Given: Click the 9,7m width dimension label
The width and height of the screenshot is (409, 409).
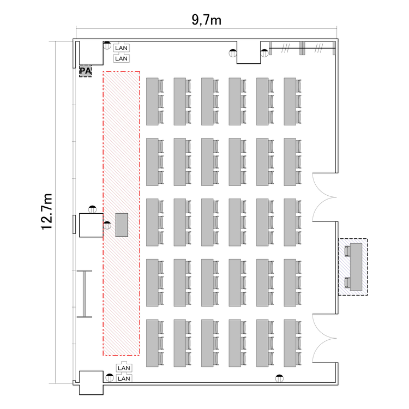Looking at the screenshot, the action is tap(206, 20).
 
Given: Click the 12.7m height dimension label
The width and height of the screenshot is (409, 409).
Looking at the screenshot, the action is tap(47, 212).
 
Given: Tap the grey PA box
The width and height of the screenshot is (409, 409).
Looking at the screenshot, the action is tap(85, 71).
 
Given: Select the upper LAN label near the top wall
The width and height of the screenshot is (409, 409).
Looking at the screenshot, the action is tap(121, 48).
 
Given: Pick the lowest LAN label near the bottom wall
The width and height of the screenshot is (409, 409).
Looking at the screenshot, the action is tap(124, 378).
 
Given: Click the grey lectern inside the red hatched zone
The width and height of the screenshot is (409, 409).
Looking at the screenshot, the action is tap(122, 225).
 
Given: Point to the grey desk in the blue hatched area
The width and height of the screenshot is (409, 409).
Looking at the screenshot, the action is tap(356, 267).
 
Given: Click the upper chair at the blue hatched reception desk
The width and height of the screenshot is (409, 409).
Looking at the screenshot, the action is tap(347, 251).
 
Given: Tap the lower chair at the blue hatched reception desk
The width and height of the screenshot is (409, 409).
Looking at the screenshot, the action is tap(347, 282).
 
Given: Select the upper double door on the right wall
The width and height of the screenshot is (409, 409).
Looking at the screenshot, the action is tap(324, 197).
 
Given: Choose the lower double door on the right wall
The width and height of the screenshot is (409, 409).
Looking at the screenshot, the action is tap(324, 338).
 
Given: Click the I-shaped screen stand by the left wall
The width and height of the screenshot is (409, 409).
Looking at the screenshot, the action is tap(85, 294).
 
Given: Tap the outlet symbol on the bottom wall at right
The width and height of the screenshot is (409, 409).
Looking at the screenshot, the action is tap(279, 378).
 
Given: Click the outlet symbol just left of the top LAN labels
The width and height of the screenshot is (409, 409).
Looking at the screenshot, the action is tap(107, 45).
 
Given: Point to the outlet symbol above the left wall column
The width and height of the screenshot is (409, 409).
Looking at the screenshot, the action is tap(92, 209).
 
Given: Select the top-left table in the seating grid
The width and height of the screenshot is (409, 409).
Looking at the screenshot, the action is tap(152, 101).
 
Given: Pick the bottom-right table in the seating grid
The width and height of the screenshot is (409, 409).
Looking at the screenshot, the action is tap(290, 343).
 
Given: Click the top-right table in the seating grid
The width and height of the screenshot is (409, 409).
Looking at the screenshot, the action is tap(290, 101).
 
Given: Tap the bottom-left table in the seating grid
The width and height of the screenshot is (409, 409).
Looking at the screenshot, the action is tap(152, 343).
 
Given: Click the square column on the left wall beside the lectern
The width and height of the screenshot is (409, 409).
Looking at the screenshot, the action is tap(91, 225).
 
